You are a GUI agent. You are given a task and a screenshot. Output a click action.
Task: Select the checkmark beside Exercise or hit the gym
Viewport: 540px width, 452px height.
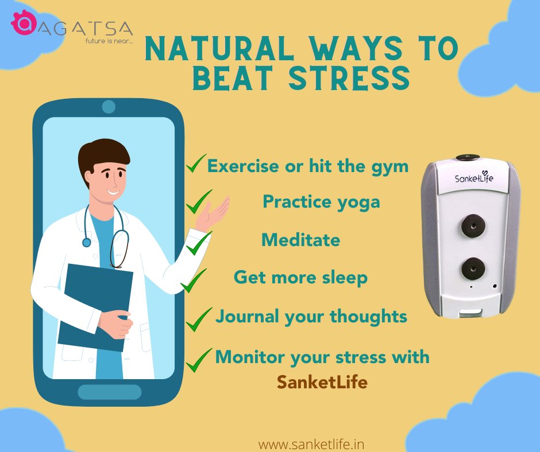(x=196, y=166)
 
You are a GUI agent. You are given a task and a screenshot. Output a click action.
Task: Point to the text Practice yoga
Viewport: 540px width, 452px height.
(x=321, y=202)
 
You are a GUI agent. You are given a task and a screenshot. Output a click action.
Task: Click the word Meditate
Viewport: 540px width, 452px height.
(x=300, y=239)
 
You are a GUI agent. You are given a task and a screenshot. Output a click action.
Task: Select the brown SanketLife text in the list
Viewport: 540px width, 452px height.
(x=322, y=382)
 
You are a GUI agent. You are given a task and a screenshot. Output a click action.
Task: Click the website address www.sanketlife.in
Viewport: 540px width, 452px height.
(x=311, y=443)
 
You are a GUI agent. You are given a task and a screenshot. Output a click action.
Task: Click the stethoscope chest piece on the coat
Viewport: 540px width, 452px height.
(x=86, y=242)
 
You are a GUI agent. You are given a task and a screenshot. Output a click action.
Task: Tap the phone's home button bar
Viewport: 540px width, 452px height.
(x=109, y=392)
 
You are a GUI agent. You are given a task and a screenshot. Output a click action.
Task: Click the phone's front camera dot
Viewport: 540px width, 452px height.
(x=109, y=107)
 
